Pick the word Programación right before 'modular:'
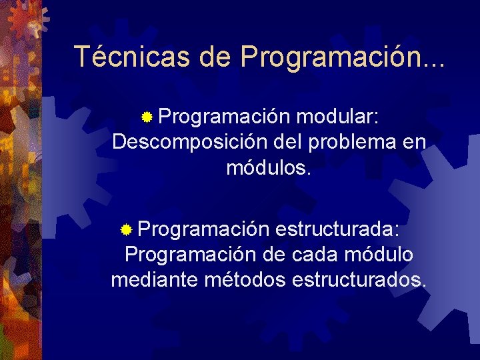click(224, 118)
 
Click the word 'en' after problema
click(414, 142)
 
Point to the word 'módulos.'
click(269, 167)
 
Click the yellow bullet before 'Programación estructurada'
click(127, 231)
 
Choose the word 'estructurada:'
click(337, 230)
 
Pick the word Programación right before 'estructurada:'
click(204, 230)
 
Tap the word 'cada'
click(313, 255)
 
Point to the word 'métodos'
click(246, 279)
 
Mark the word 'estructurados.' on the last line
click(359, 279)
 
